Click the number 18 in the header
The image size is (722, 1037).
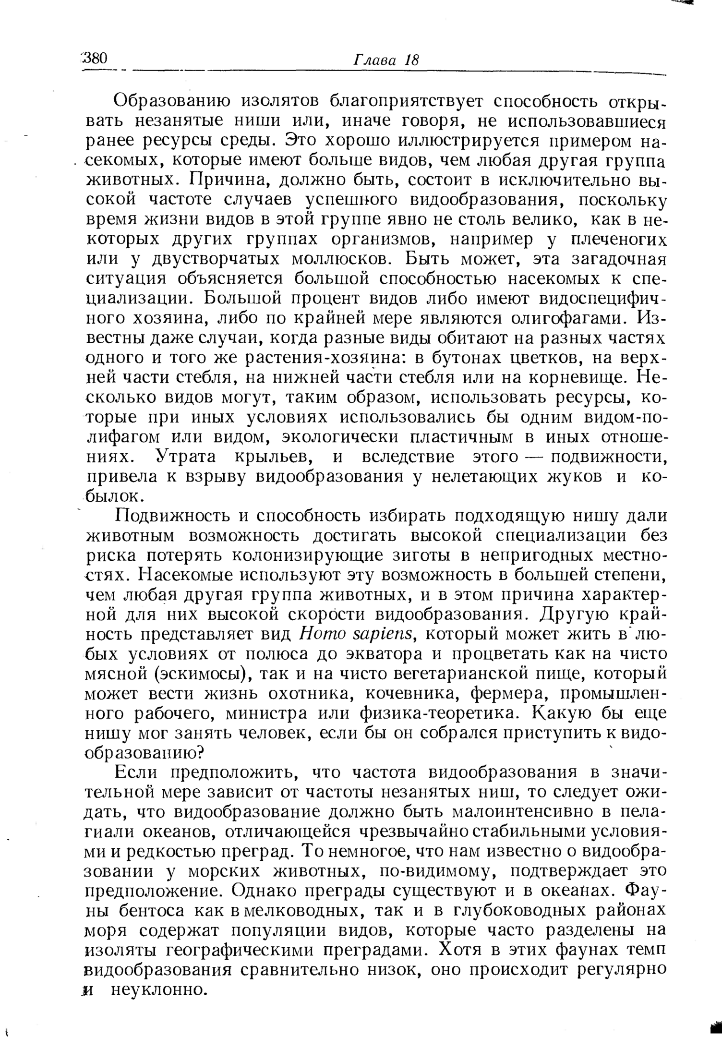click(412, 61)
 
